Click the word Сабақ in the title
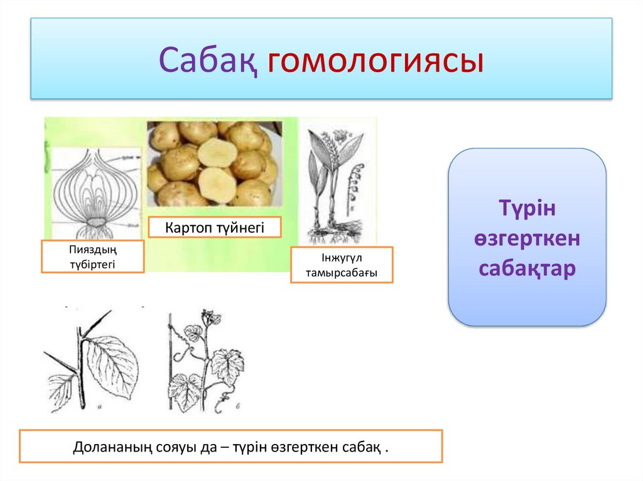[x=208, y=60]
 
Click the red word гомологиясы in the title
[x=376, y=61]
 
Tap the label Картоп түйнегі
[x=215, y=228]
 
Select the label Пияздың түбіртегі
[x=93, y=256]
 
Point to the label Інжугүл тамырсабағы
[x=342, y=265]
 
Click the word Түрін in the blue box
[x=527, y=208]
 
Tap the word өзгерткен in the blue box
[x=527, y=238]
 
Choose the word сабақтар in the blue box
[x=527, y=269]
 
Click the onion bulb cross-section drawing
[x=96, y=193]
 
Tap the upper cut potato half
[x=217, y=152]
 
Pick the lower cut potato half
[x=217, y=185]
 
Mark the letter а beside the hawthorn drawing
[x=100, y=407]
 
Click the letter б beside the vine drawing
[x=238, y=406]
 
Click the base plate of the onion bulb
[x=96, y=223]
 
